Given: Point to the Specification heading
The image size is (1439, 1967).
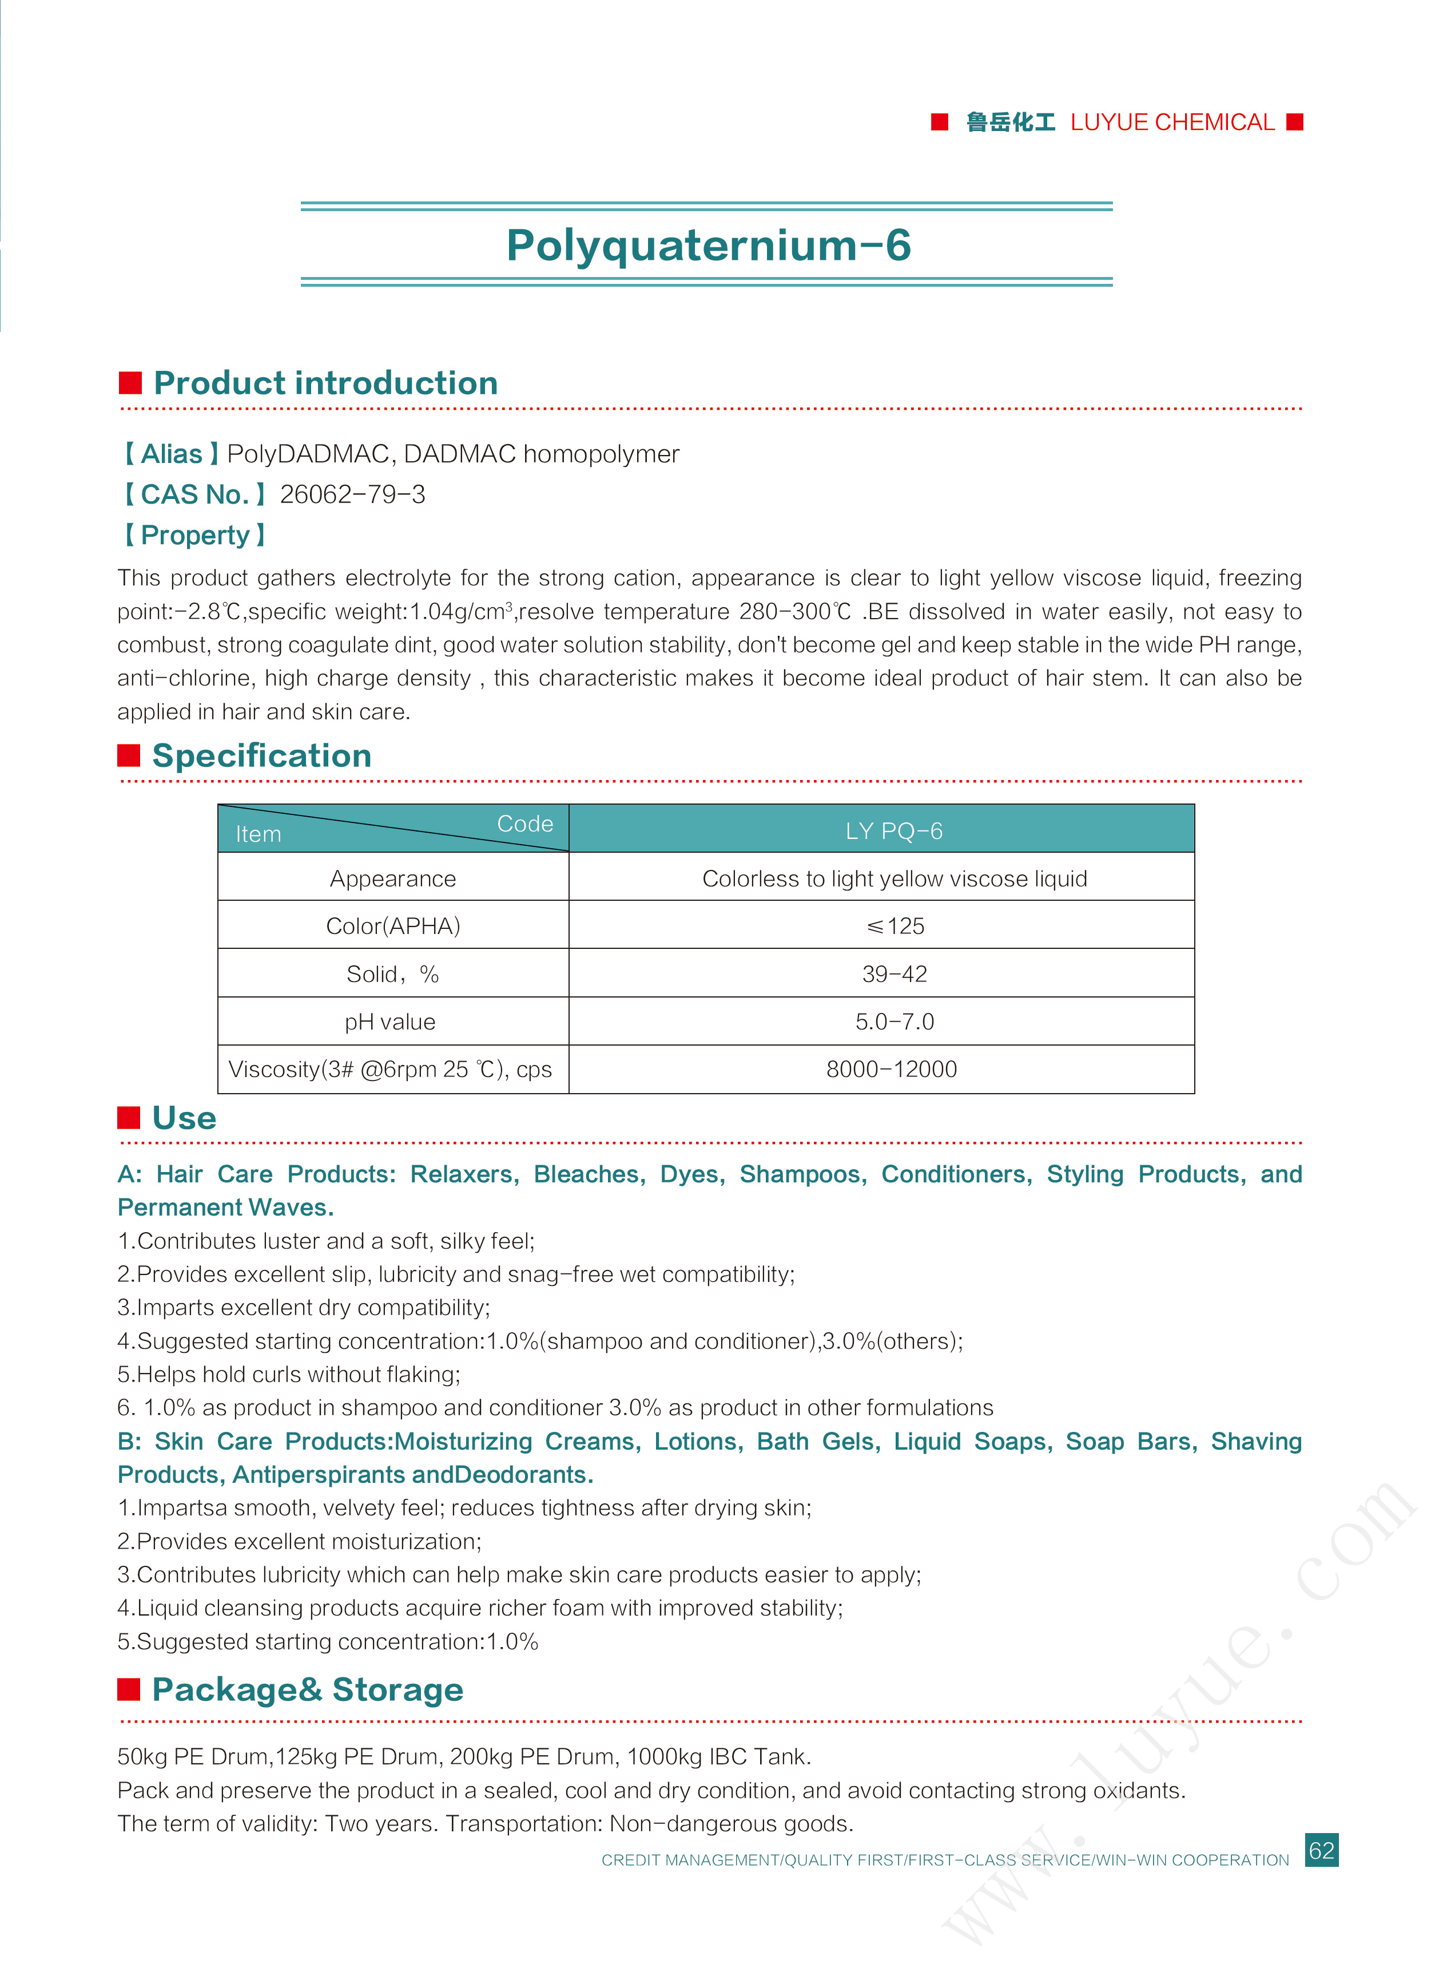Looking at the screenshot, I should [x=261, y=755].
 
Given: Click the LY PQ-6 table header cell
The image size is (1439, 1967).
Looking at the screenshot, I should [x=894, y=830].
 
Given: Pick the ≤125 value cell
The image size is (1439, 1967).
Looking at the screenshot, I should [x=895, y=925].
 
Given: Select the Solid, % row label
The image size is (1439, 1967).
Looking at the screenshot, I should [x=392, y=973].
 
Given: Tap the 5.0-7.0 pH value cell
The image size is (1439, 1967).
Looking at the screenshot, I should [x=895, y=1022].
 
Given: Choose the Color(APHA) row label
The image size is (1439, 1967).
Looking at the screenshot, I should [x=392, y=925].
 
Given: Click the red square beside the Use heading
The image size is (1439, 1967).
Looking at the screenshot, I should [x=129, y=1117].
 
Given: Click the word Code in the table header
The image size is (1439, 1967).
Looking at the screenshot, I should [x=524, y=824].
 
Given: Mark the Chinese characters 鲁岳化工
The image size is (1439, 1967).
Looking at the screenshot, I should [x=1011, y=122].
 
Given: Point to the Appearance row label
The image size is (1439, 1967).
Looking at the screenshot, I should [x=392, y=878].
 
